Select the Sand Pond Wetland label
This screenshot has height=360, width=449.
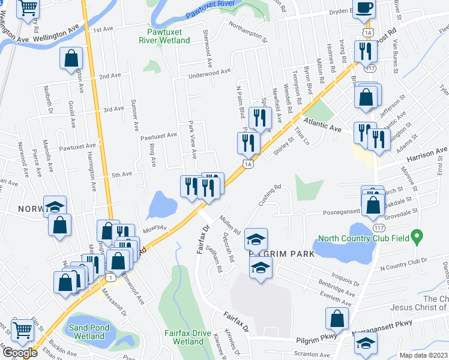pos(89,332)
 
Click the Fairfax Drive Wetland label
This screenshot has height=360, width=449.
pos(188,337)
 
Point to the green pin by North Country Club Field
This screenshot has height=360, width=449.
pos(421,236)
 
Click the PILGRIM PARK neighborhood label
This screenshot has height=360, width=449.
pos(281,254)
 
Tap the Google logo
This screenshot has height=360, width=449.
pos(19,352)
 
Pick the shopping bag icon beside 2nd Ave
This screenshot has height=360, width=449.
pos(71,59)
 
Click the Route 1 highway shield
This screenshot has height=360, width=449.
pos(110,277)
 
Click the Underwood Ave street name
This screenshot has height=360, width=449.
pos(209,73)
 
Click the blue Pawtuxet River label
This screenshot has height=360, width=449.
pos(209,11)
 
